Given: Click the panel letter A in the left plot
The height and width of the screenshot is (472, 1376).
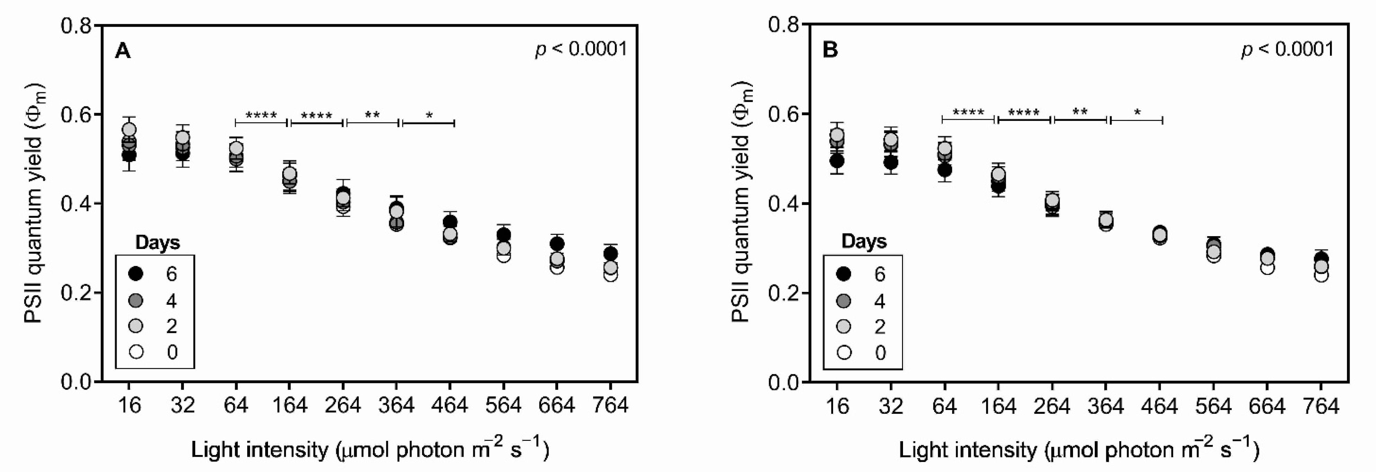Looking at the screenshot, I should [123, 51].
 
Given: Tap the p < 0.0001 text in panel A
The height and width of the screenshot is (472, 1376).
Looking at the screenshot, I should [581, 49].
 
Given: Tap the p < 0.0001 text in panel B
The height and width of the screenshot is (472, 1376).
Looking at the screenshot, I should [1287, 49].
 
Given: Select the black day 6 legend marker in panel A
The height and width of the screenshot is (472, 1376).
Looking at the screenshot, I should [137, 274].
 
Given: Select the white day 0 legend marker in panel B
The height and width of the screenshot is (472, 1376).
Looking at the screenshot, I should [844, 353].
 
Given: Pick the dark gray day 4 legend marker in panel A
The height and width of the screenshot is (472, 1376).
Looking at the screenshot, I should [137, 301].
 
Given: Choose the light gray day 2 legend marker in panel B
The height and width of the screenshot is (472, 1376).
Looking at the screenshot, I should [844, 326].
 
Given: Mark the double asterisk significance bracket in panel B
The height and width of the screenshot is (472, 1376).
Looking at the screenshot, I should [1080, 119].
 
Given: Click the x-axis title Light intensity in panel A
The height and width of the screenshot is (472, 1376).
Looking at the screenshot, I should [370, 449].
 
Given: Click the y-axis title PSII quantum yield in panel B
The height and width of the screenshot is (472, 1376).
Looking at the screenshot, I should [741, 203].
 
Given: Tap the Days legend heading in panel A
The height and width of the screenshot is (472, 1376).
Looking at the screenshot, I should [158, 243].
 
